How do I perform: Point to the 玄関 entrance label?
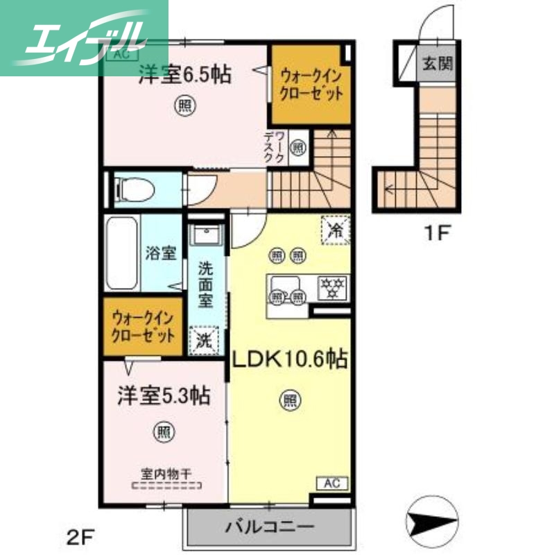(x=438, y=66)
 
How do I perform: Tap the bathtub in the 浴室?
(x=123, y=254)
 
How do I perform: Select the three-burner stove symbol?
(x=331, y=288)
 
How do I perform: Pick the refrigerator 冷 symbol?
(x=335, y=231)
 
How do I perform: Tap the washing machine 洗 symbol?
(x=205, y=341)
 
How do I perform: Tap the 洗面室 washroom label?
(x=205, y=284)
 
